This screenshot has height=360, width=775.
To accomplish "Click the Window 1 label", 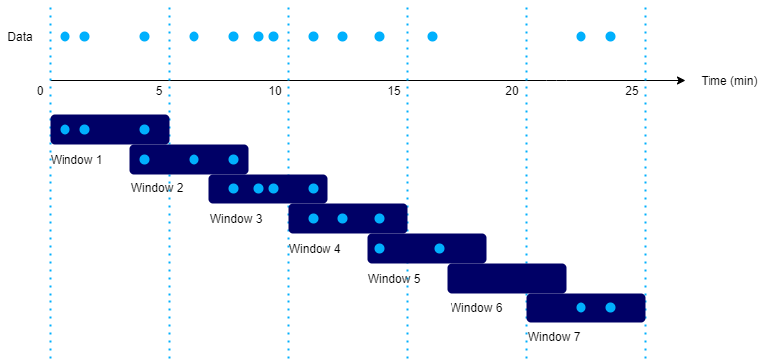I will pyautogui.click(x=76, y=159).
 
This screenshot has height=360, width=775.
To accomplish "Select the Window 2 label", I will pyautogui.click(x=157, y=188).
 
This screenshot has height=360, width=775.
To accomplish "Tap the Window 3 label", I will pyautogui.click(x=236, y=218).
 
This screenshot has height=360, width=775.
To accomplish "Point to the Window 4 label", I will pyautogui.click(x=316, y=248).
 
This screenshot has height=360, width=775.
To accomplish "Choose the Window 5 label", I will pyautogui.click(x=394, y=278).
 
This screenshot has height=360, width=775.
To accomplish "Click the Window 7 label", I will pyautogui.click(x=553, y=337).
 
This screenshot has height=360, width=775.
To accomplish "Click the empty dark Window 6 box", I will pyautogui.click(x=506, y=278).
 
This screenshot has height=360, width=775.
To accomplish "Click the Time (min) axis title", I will pyautogui.click(x=729, y=80).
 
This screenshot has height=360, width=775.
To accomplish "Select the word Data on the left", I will pyautogui.click(x=20, y=37).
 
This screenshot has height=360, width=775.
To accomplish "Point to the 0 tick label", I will pyautogui.click(x=40, y=91).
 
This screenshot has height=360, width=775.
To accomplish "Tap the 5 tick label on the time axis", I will pyautogui.click(x=159, y=91).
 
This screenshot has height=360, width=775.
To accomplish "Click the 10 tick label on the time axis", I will pyautogui.click(x=275, y=91).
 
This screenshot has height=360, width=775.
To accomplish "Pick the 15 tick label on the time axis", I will pyautogui.click(x=394, y=91).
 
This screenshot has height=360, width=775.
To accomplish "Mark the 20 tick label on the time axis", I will pyautogui.click(x=513, y=91).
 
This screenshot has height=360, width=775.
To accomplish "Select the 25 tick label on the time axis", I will pyautogui.click(x=632, y=91).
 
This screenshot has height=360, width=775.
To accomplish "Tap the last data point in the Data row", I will pyautogui.click(x=610, y=37).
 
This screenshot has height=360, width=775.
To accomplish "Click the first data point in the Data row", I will pyautogui.click(x=65, y=37).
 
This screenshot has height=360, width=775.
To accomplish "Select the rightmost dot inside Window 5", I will pyautogui.click(x=439, y=248).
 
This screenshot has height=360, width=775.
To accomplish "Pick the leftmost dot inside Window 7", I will pyautogui.click(x=581, y=307).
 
